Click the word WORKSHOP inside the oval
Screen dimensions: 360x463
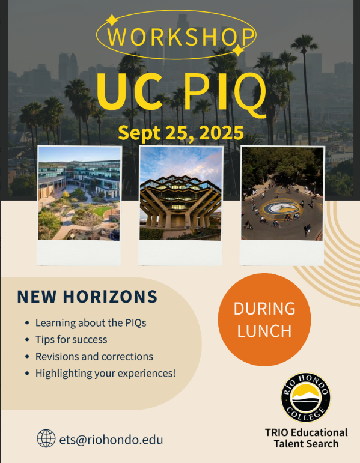(180, 37)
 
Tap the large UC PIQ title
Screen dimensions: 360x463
(181, 92)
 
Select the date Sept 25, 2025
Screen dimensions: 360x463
(180, 133)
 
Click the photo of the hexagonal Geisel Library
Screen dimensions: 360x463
(180, 193)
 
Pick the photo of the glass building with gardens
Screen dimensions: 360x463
(79, 193)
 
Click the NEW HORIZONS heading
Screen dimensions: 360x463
(87, 297)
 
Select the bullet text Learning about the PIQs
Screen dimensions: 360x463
(91, 322)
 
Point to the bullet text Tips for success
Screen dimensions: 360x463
(72, 339)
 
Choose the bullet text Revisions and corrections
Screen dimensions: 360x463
(94, 356)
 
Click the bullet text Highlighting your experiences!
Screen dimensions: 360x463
(106, 374)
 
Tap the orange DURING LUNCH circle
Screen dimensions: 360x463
(264, 319)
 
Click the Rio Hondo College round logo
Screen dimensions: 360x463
(306, 397)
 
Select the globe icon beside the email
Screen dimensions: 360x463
(46, 438)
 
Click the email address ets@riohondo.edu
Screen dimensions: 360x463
(111, 440)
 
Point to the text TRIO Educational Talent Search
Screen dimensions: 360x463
(306, 438)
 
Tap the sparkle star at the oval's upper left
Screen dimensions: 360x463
(112, 20)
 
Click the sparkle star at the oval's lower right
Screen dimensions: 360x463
(238, 50)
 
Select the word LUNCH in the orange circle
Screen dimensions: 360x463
(264, 331)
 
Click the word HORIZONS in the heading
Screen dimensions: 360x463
(110, 297)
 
